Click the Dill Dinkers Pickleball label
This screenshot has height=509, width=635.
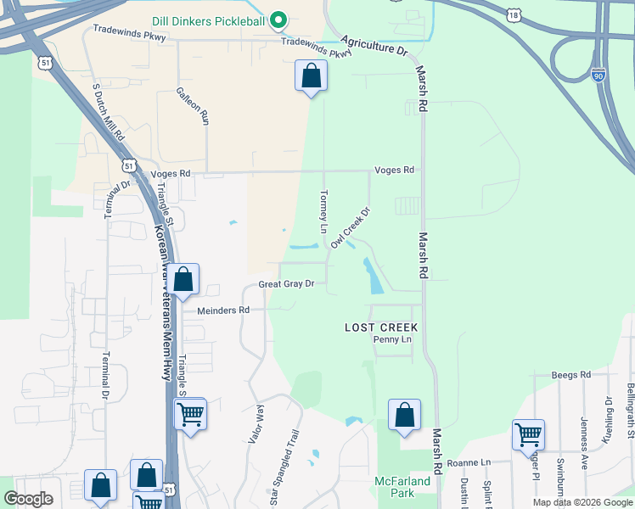(x=209, y=20)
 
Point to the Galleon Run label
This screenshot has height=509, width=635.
(x=193, y=105)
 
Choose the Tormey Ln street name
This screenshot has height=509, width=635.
(x=323, y=212)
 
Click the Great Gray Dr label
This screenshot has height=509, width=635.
(x=287, y=284)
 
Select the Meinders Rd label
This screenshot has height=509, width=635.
(x=223, y=310)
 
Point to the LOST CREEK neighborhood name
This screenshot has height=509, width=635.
(x=381, y=327)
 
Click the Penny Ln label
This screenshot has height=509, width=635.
(x=392, y=339)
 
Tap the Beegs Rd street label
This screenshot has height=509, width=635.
(x=570, y=374)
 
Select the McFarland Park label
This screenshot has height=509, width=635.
(x=403, y=487)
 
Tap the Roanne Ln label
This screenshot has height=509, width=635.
(x=469, y=462)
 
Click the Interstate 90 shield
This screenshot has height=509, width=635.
(x=598, y=77)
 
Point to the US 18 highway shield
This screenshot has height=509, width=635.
(x=512, y=15)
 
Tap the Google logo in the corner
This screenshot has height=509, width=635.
(x=28, y=499)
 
